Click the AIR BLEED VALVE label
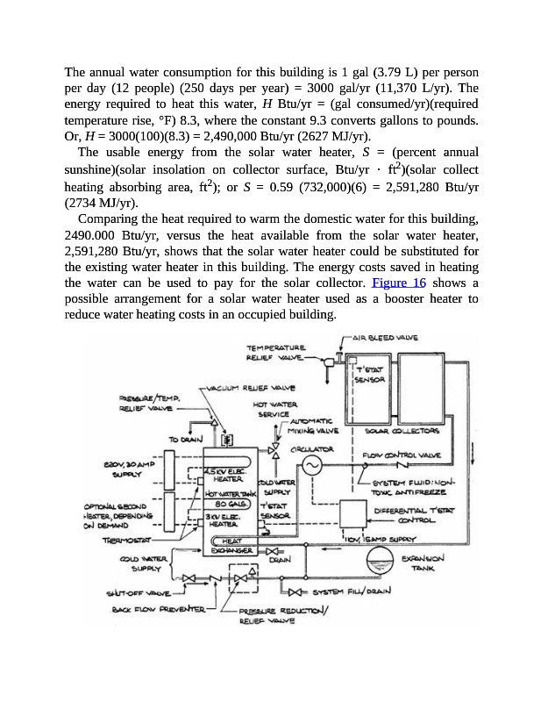pyautogui.click(x=385, y=337)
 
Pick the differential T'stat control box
pyautogui.click(x=354, y=512)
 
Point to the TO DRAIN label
pyautogui.click(x=185, y=440)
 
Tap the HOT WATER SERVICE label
pyautogui.click(x=272, y=409)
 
